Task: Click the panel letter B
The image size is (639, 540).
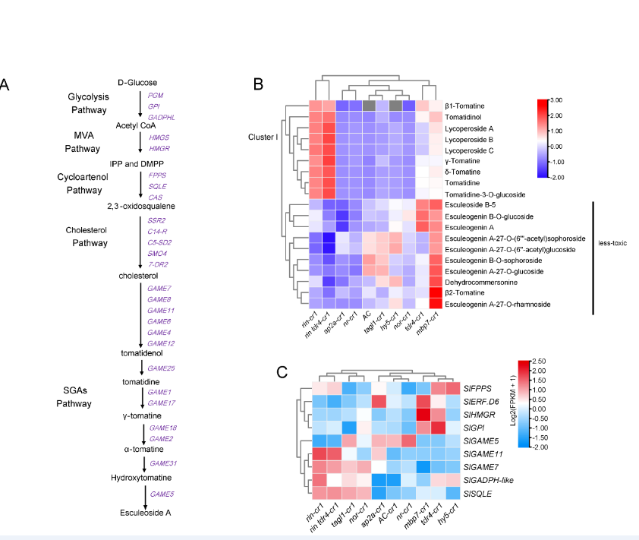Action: point(258,84)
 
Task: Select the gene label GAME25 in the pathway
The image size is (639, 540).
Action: point(162,368)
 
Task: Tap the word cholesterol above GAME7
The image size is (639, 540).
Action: point(137,276)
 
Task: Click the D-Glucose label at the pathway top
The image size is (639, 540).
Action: point(137,82)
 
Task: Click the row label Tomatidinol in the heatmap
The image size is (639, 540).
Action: point(464,117)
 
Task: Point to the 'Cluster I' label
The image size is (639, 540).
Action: point(263,137)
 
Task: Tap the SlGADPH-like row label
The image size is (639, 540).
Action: point(487,480)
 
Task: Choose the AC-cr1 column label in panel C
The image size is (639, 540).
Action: point(385,520)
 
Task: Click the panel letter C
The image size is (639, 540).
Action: point(282,372)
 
